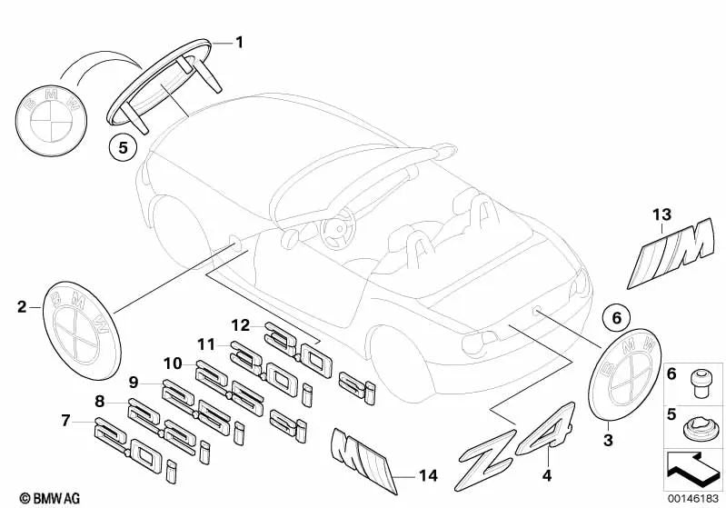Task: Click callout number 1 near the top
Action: (x=240, y=42)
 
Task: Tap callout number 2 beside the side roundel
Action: (x=21, y=307)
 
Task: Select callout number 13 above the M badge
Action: (x=661, y=214)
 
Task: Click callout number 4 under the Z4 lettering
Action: (x=546, y=473)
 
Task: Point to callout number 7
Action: (x=65, y=420)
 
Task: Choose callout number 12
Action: (x=239, y=325)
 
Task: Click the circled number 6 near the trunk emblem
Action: (x=615, y=318)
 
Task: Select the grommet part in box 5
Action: (x=698, y=423)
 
